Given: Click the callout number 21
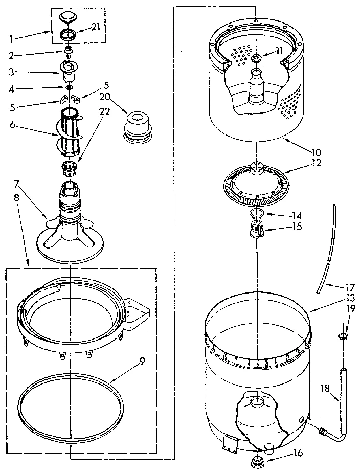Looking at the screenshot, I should (x=96, y=27).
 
